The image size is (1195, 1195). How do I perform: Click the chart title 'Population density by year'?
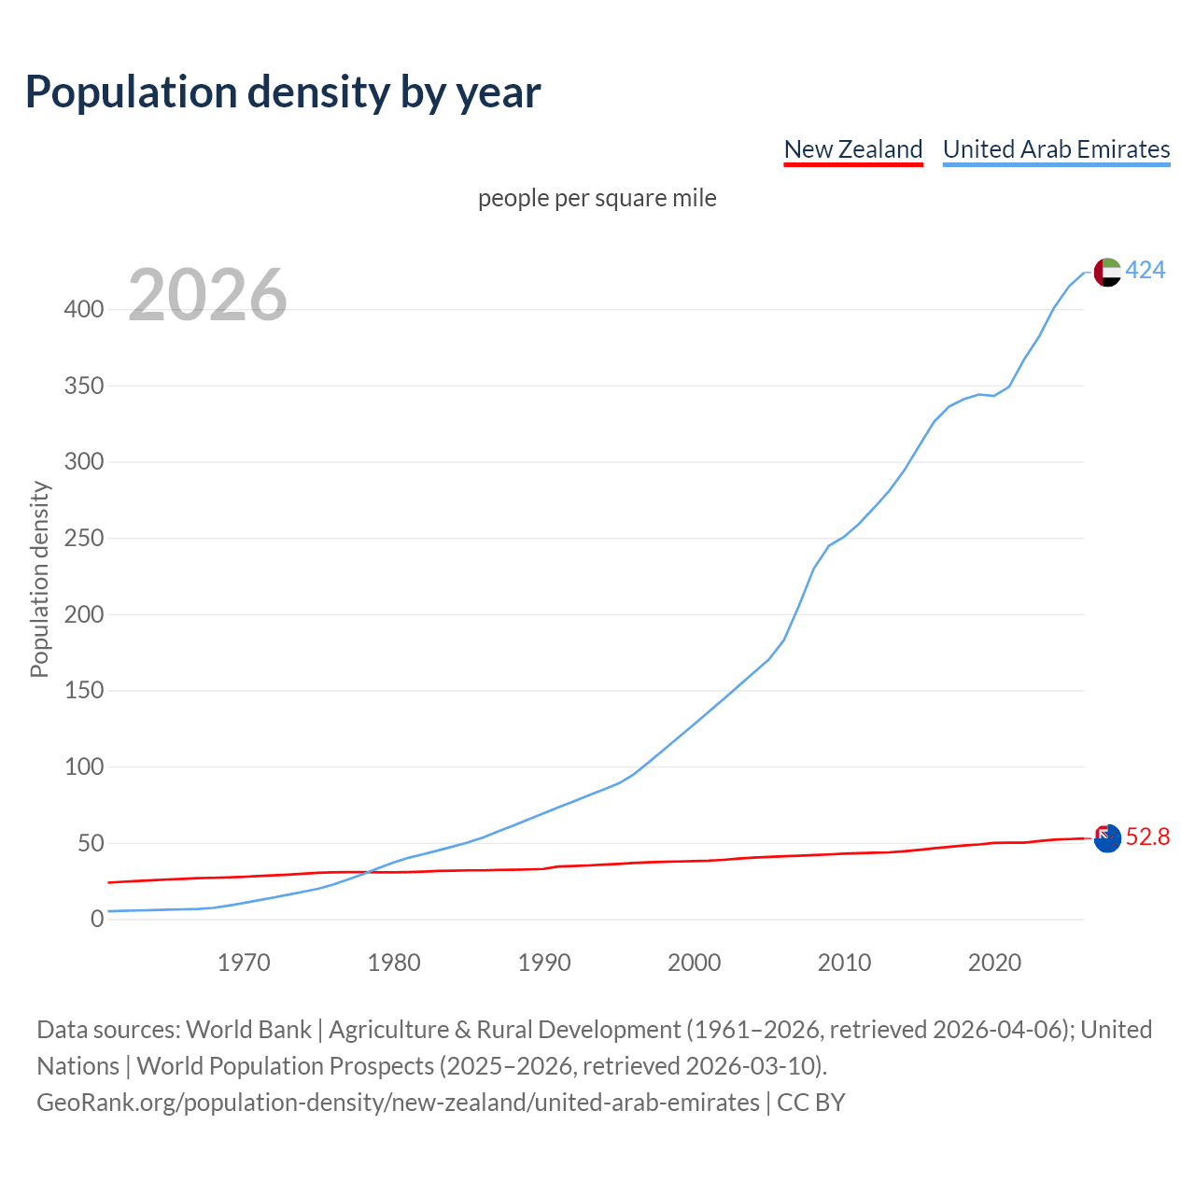(x=283, y=91)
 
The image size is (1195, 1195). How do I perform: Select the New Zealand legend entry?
(x=852, y=149)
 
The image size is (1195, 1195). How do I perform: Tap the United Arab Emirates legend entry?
(x=1056, y=149)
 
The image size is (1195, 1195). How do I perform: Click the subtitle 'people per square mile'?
(x=597, y=198)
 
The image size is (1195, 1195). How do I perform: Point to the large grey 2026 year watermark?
(x=207, y=295)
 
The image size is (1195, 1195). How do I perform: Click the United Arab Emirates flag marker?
(x=1106, y=272)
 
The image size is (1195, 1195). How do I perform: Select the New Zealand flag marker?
(x=1106, y=838)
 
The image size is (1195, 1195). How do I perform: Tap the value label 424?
(x=1146, y=271)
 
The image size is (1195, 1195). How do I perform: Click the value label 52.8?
(x=1147, y=837)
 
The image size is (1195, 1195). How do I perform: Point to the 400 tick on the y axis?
(x=84, y=310)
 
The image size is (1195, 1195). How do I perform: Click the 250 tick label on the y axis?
(x=84, y=539)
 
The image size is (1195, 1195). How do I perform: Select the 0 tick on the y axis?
(x=97, y=920)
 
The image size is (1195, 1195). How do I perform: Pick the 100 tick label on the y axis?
(x=84, y=767)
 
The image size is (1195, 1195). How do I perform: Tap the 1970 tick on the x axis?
(x=244, y=963)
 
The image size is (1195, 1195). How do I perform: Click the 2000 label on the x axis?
(x=694, y=963)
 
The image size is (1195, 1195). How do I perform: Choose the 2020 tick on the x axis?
(x=994, y=963)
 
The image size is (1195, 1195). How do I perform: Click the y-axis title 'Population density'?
(x=39, y=579)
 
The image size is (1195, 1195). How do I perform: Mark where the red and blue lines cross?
(x=366, y=872)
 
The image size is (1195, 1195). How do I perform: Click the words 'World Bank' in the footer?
(x=248, y=1030)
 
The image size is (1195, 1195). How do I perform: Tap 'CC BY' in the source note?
(x=810, y=1103)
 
